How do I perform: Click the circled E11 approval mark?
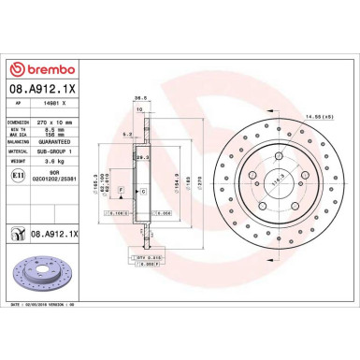(x=19, y=175)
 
